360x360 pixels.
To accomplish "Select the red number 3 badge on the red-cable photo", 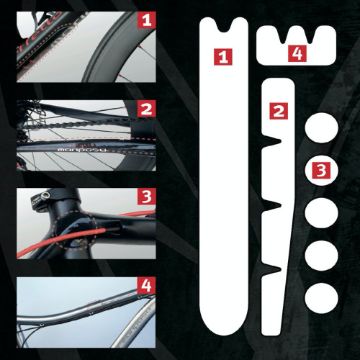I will pos(146,196).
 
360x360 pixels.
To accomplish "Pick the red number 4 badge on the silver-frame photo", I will pos(146,285).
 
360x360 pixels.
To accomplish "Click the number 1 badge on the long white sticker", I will pos(225,56).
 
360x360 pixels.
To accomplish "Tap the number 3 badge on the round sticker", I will pos(322,171).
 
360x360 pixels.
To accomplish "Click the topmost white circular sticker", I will pos(322,129).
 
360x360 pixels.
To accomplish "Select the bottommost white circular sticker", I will pos(322,297).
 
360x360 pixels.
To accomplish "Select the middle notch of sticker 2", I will pos(274,206).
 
